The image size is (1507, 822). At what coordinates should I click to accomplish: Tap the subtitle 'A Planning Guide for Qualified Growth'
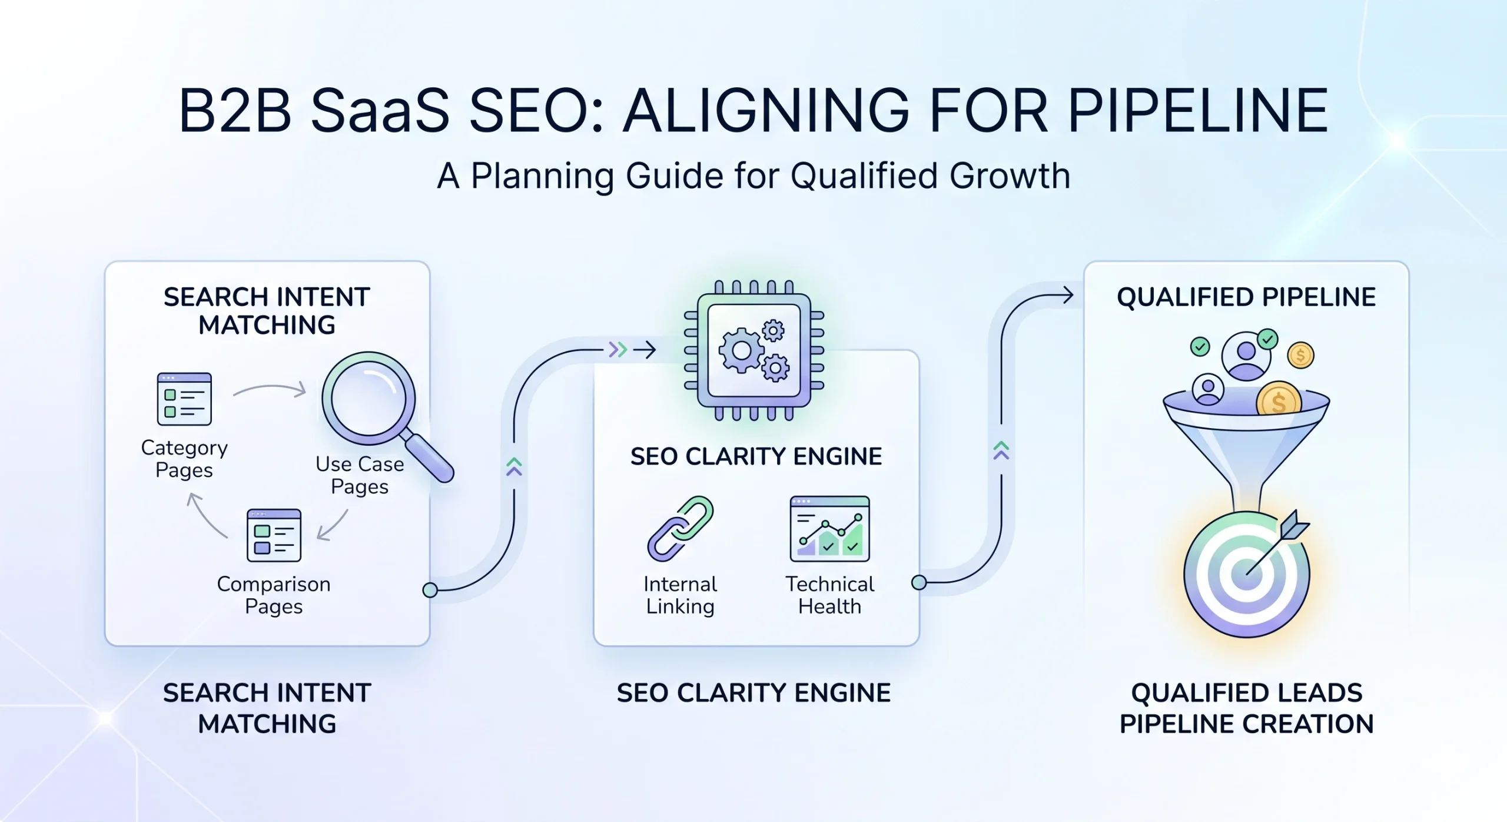click(753, 175)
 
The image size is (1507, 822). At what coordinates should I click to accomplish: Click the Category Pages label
click(184, 459)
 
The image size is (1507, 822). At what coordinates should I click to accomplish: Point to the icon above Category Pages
click(184, 399)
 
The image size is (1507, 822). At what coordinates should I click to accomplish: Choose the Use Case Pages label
click(360, 475)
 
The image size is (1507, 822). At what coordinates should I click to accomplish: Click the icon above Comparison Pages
click(274, 535)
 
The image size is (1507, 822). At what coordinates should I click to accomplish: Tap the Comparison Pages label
click(274, 595)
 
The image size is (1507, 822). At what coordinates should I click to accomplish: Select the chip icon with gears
click(754, 351)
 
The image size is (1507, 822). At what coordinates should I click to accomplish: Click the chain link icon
click(681, 528)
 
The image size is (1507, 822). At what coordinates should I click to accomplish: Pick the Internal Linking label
click(681, 595)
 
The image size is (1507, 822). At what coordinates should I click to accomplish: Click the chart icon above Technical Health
click(829, 528)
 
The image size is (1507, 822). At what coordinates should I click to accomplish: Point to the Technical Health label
click(829, 595)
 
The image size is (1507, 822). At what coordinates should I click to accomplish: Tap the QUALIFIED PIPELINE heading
click(1246, 297)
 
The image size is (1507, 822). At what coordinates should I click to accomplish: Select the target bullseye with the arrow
click(1247, 574)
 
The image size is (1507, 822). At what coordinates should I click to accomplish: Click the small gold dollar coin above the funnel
click(1300, 355)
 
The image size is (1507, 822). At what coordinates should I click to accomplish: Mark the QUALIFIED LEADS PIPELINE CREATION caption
click(1246, 708)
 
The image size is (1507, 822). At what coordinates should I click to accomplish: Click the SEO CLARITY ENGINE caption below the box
click(753, 693)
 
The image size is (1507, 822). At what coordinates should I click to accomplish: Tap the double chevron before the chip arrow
click(617, 350)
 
